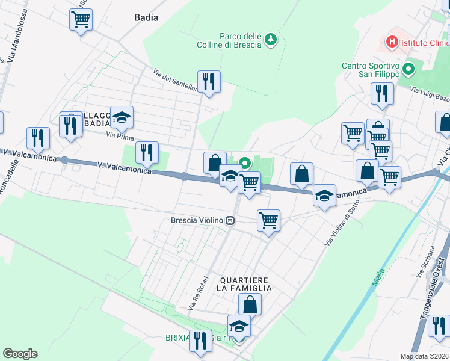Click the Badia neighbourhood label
tap(146, 17)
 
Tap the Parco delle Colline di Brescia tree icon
tap(271, 39)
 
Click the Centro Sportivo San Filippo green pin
tap(410, 69)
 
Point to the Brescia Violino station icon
tap(230, 221)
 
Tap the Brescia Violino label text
tap(197, 220)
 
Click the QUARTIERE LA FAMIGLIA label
tap(245, 284)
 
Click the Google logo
tap(20, 354)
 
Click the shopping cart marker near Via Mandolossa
tap(80, 19)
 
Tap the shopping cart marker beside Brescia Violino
tap(268, 220)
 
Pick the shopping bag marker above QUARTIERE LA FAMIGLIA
tap(250, 304)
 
